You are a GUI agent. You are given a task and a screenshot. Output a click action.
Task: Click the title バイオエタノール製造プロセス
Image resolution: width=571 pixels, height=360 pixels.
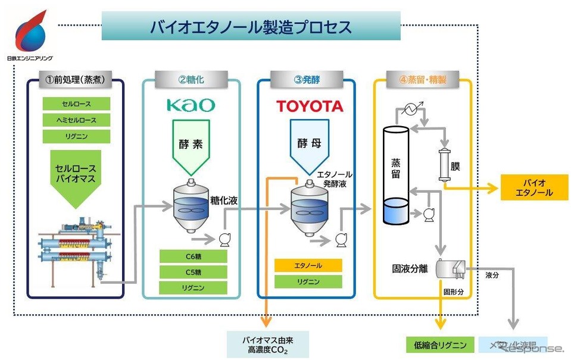point(251,27)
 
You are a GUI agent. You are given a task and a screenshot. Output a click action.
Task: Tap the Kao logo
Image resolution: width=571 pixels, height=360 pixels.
point(191,105)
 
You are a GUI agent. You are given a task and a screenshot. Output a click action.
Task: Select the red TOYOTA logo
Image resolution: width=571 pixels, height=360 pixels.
point(310,107)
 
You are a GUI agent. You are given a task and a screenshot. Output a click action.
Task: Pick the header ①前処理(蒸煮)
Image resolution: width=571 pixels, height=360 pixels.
point(76,79)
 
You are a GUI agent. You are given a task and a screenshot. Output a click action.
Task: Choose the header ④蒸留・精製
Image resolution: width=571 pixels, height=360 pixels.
point(422,79)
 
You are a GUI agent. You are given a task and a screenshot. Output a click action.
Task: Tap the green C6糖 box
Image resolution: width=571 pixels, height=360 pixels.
point(193,257)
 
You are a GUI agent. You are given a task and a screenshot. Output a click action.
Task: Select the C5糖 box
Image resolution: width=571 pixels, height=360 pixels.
point(193,273)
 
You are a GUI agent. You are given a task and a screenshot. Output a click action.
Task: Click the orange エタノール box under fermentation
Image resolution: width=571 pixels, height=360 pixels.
point(308,265)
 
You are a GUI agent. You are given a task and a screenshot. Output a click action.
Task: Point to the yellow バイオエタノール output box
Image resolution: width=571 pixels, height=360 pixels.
point(535,187)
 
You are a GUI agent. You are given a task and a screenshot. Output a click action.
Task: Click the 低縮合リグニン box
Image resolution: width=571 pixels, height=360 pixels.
point(440,345)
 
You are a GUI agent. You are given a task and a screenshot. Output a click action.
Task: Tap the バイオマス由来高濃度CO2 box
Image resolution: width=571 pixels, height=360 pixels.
point(267,345)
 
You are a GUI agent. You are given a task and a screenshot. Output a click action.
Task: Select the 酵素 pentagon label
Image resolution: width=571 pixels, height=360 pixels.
point(191,145)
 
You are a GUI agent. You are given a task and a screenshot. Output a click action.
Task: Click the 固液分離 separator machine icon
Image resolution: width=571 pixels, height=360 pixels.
point(451,270)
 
